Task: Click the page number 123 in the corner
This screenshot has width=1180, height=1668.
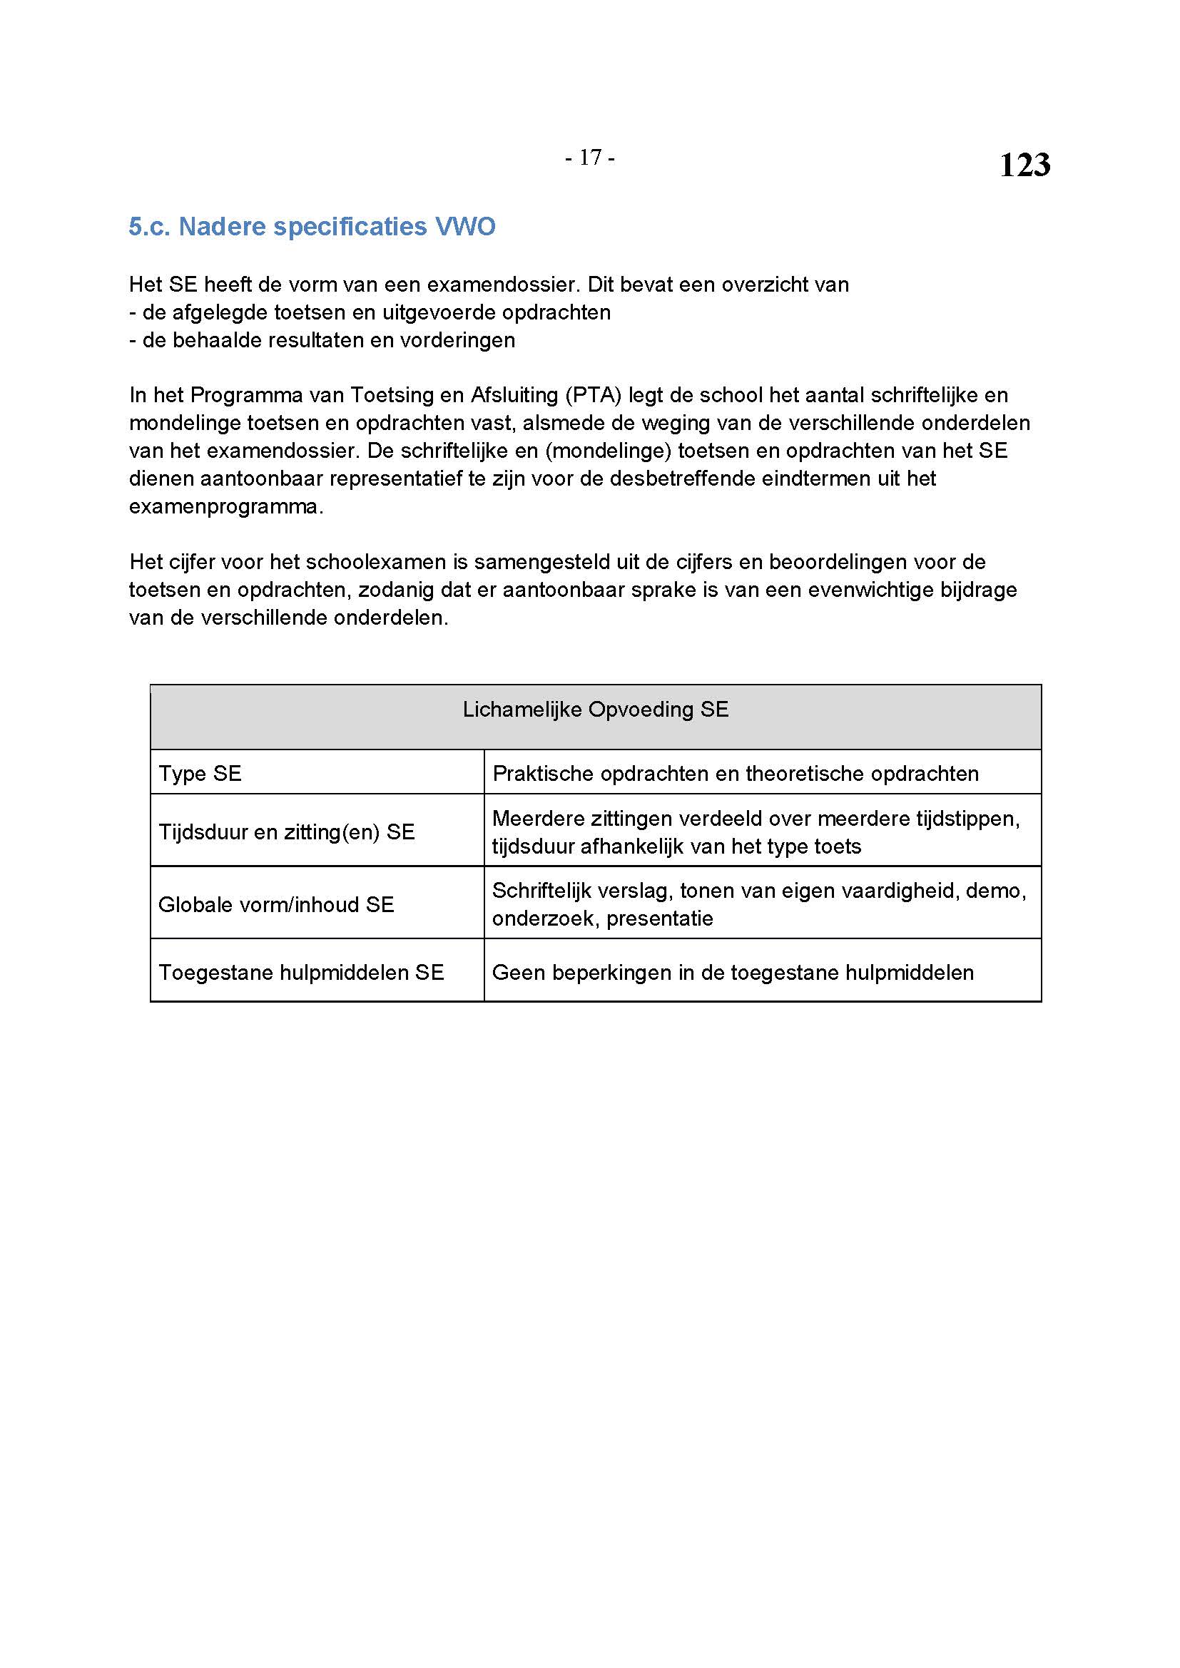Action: click(1024, 165)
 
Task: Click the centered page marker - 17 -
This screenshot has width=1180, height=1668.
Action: click(589, 158)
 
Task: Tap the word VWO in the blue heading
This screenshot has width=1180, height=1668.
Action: click(465, 227)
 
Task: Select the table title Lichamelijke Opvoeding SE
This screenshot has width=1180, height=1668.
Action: click(595, 710)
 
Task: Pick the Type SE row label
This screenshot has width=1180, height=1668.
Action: click(200, 774)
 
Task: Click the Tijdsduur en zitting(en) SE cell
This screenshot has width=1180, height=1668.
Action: click(286, 832)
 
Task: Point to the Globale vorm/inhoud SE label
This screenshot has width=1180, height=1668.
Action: click(276, 904)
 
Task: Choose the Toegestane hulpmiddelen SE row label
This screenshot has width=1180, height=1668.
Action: click(301, 973)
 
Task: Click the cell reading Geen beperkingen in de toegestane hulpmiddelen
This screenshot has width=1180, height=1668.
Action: click(733, 973)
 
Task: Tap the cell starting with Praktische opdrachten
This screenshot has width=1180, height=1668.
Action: click(736, 774)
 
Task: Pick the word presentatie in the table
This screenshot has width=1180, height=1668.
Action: click(660, 919)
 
